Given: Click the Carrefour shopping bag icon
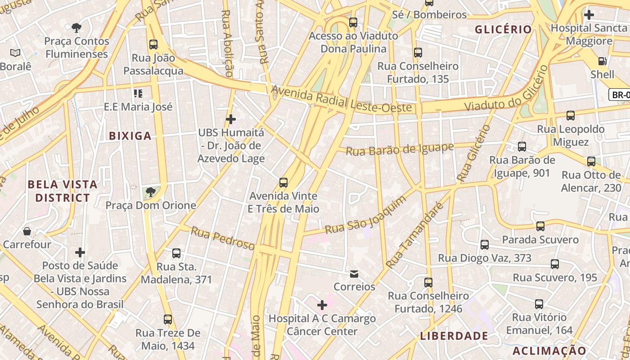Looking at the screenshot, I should point(27,232).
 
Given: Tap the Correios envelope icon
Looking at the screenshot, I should point(354,274).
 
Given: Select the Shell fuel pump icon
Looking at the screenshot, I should point(602,61).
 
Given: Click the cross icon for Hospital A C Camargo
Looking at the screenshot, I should point(322,306).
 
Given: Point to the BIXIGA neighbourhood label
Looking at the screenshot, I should point(130,136).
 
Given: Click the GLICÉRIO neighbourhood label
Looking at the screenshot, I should point(504,30).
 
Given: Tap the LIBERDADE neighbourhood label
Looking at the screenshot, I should point(454,336).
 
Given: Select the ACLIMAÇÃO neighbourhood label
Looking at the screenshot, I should point(549,351).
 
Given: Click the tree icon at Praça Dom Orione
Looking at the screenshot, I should point(151,193).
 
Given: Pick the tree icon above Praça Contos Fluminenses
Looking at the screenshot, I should point(76,28).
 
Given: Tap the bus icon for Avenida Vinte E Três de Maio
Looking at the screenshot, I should point(283,183).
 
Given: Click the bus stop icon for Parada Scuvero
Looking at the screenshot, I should point(540,226).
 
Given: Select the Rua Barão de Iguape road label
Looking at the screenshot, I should point(400,148).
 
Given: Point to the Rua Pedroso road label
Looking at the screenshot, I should point(223,238).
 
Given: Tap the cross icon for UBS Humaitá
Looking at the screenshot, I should point(231,119).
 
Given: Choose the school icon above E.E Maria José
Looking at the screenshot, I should point(138,94).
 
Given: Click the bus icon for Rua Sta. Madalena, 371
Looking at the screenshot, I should point(176,253).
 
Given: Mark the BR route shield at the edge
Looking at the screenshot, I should point(620,94).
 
